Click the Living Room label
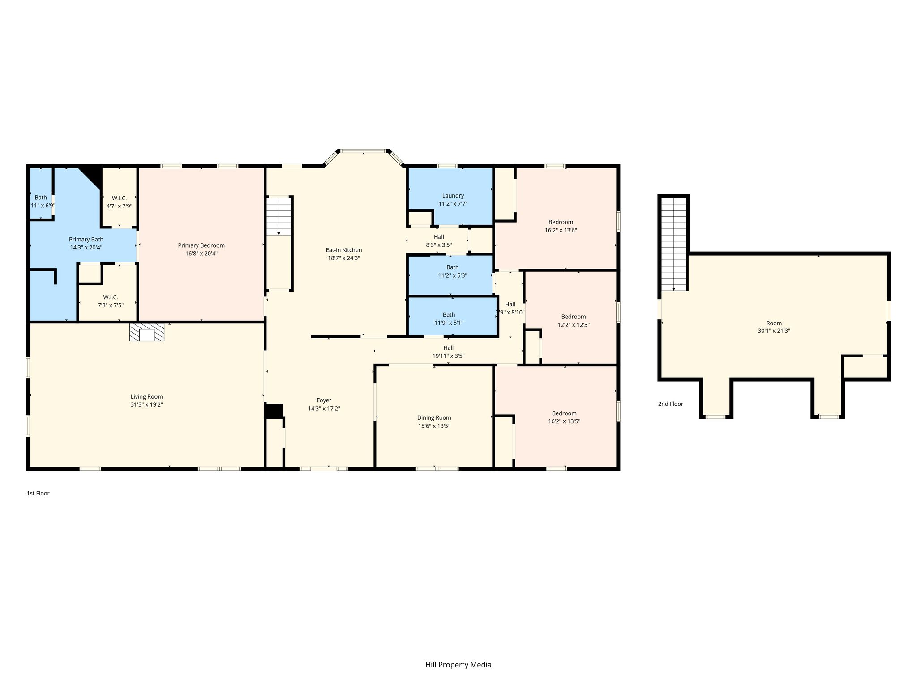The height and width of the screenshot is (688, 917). pos(146,396)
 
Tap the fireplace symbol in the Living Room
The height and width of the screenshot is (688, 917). pos(147,332)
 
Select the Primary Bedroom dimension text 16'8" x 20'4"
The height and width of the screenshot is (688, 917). pos(201,254)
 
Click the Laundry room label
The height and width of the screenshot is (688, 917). pos(453,196)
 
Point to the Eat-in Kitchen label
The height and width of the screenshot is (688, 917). pos(344,250)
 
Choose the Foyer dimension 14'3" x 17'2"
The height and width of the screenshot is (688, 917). pos(324,408)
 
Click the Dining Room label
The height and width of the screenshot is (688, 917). pos(434,417)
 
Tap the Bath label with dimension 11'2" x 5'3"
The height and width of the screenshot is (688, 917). pos(453,267)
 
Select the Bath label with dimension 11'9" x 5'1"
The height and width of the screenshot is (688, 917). pos(449,314)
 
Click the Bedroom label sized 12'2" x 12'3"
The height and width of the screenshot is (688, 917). pos(574,317)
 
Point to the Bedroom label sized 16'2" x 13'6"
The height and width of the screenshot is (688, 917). pos(561,222)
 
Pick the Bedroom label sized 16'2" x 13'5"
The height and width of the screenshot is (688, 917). pos(564,413)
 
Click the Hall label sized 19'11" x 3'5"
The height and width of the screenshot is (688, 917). pos(449,348)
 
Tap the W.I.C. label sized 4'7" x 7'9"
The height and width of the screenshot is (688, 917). pos(119,198)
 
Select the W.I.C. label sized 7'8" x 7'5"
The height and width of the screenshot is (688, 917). pos(111,297)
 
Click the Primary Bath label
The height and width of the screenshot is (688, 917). pos(86,240)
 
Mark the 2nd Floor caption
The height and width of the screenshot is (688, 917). pos(671,404)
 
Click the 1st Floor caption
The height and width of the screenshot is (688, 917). pos(38,493)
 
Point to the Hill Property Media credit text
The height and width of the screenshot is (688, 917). pos(458,664)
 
